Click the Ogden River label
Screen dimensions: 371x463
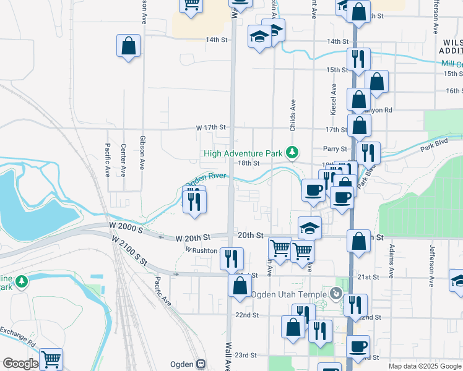206,180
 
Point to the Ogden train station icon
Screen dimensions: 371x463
201,364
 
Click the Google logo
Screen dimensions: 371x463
20,364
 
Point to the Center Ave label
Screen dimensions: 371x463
124,158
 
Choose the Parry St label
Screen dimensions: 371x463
335,149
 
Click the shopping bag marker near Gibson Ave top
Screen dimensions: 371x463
128,46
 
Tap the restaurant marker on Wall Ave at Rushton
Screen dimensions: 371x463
231,257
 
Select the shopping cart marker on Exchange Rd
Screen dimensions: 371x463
51,359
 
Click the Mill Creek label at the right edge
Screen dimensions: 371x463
452,64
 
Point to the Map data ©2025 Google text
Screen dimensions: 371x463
425,366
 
